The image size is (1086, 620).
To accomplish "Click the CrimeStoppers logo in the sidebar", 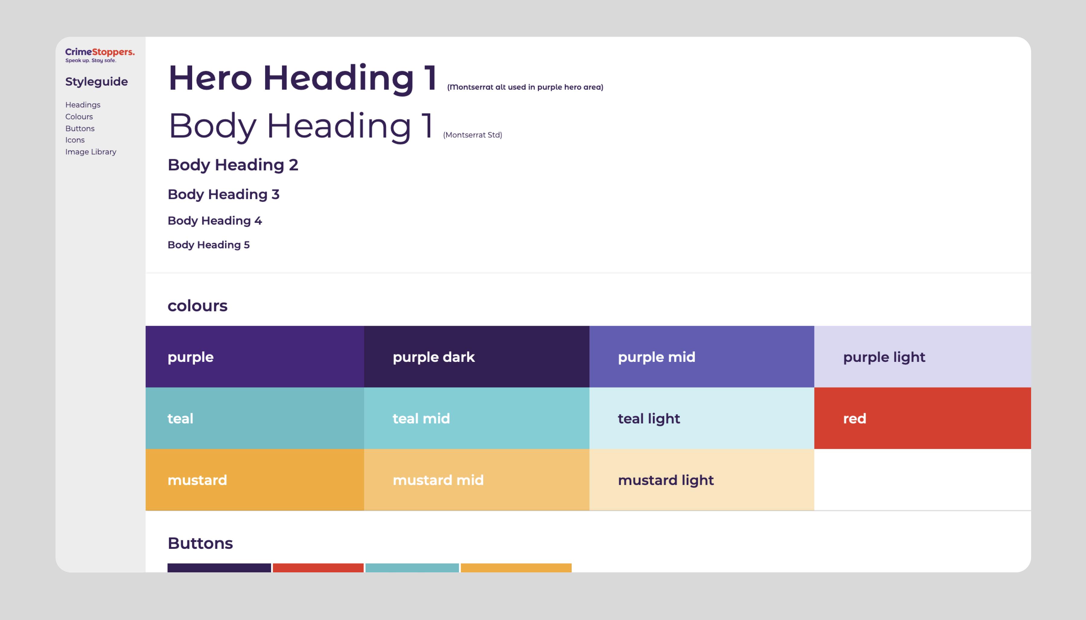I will tap(100, 55).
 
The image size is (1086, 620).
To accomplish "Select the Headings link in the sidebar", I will tap(83, 105).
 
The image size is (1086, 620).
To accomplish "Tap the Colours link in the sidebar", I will tap(79, 117).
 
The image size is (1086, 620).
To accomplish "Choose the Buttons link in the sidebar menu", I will tap(80, 128).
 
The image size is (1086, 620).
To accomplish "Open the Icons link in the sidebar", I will tap(75, 140).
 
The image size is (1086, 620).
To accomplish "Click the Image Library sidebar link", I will tap(91, 152).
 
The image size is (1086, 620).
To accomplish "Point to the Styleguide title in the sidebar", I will tap(96, 81).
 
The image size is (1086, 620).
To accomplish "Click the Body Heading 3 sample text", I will tap(223, 194).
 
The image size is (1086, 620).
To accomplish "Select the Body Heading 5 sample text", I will tap(208, 245).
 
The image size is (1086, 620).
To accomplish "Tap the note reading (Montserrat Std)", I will tap(472, 135).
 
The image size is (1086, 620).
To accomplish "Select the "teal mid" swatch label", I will tap(421, 419).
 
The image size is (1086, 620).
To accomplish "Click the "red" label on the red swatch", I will tap(854, 419).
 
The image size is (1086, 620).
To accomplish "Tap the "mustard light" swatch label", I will tap(665, 480).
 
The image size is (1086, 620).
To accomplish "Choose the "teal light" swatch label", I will tap(649, 419).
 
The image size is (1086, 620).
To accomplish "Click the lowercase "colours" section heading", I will tap(197, 306).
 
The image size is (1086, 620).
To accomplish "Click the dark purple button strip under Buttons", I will tap(219, 568).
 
